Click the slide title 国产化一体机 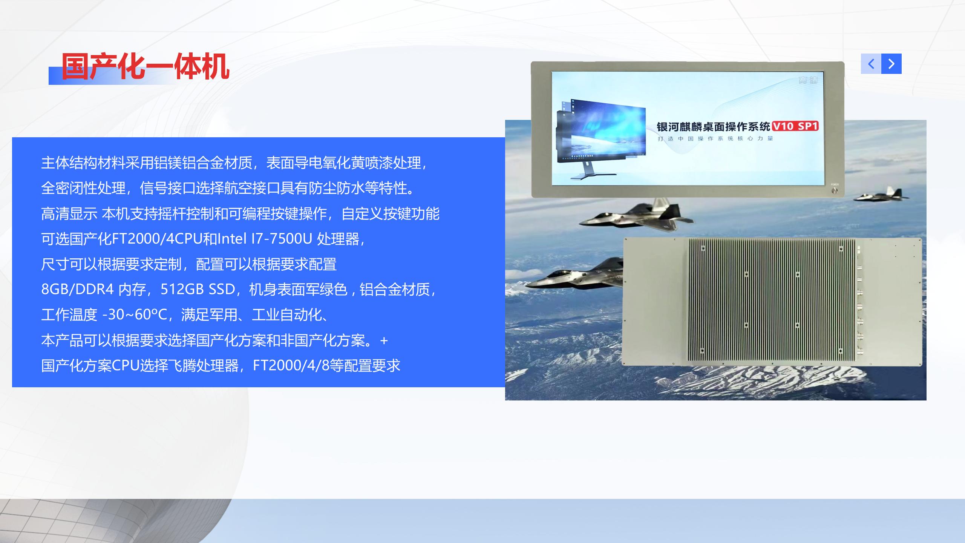click(146, 67)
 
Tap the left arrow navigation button click(871, 64)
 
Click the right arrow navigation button click(891, 64)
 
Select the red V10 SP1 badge click(795, 126)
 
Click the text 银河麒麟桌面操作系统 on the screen click(714, 126)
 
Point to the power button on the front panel click(835, 190)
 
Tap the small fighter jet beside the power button click(881, 195)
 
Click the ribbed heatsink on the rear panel click(772, 302)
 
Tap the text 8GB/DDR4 click(77, 289)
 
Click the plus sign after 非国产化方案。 click(384, 341)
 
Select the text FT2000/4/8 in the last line click(289, 365)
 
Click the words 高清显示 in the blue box click(69, 213)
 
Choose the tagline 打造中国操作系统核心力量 click(715, 138)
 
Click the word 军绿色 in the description click(326, 289)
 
